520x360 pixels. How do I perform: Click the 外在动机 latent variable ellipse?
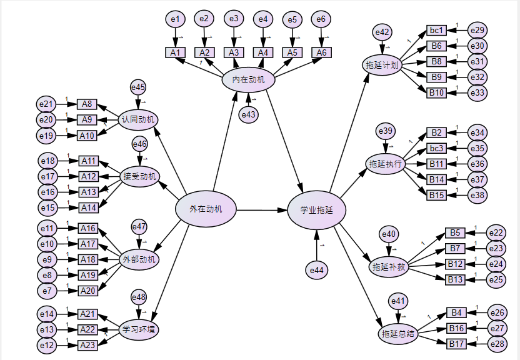(x=206, y=209)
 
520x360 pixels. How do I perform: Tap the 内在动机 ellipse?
(x=249, y=79)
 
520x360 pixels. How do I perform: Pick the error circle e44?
(x=316, y=270)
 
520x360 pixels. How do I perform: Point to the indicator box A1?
(x=175, y=52)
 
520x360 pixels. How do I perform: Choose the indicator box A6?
(x=321, y=52)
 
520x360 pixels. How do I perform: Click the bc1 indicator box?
(x=436, y=30)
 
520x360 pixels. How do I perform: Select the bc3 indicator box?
(x=436, y=148)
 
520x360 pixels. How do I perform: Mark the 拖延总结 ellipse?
(x=398, y=334)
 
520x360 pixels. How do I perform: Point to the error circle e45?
(x=138, y=88)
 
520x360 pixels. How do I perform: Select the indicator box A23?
(x=87, y=345)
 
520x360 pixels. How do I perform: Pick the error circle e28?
(x=497, y=344)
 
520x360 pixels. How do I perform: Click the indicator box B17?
(x=456, y=344)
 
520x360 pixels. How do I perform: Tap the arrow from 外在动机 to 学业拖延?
(x=260, y=210)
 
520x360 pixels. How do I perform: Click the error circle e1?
(x=176, y=19)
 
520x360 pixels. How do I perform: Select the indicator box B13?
(x=456, y=279)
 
